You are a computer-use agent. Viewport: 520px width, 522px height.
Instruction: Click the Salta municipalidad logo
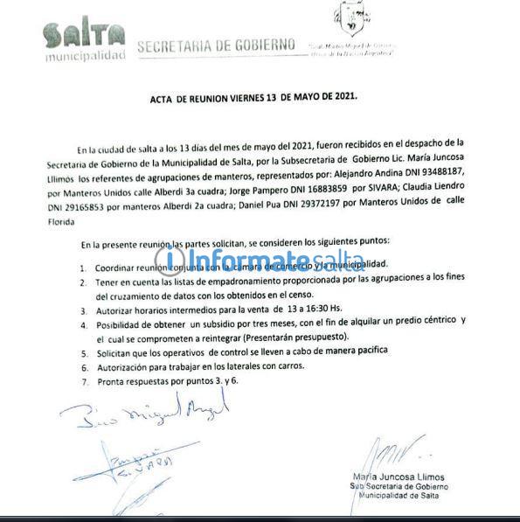coord(84,41)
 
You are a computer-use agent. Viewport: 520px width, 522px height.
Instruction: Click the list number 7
coord(83,382)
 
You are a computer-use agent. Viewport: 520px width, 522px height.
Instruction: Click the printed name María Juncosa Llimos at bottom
coord(399,476)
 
